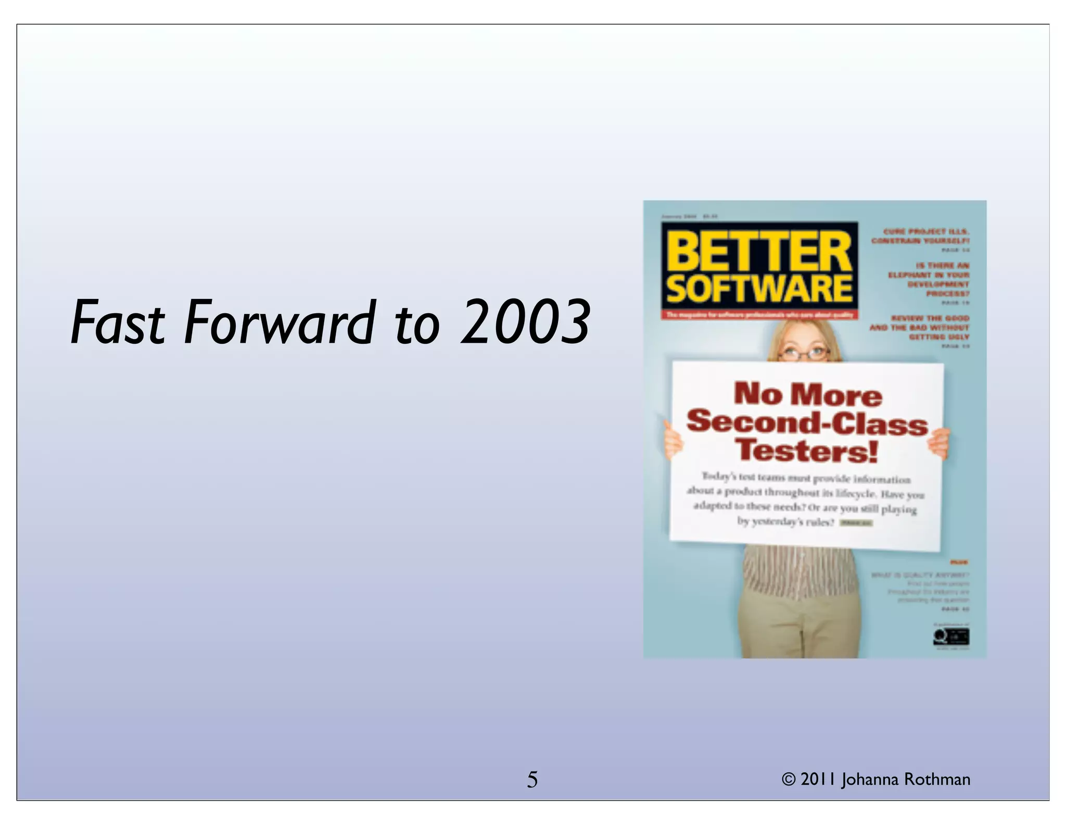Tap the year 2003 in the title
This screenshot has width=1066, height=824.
coord(526,322)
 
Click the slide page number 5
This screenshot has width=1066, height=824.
coord(532,780)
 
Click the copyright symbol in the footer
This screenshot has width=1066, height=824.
coord(789,780)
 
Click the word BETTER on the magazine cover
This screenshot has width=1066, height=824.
coord(759,252)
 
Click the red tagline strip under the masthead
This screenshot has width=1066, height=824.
coord(759,315)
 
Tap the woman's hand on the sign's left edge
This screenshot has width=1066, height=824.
coord(673,439)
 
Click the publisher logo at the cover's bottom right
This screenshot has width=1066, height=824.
coord(951,636)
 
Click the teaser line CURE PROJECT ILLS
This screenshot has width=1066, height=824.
coord(926,231)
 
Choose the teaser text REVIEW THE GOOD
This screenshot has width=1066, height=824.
coord(930,318)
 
